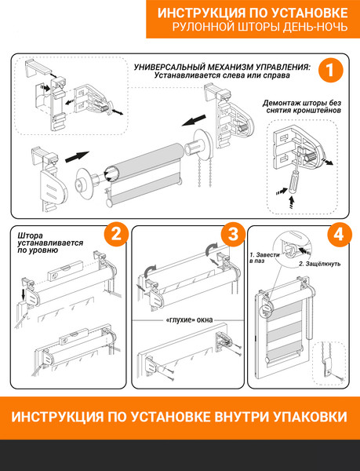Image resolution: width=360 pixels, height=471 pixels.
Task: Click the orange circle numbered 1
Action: click(330, 71)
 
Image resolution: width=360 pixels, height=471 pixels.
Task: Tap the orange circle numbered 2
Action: click(116, 234)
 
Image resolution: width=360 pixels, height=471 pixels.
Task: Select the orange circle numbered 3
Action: click(233, 234)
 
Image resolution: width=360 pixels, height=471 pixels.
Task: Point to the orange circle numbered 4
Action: click(339, 234)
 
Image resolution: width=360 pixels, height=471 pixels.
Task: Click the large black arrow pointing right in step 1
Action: click(77, 156)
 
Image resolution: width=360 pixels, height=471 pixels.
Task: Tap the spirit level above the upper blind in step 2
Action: click(65, 271)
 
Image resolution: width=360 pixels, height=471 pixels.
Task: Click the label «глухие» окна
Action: click(189, 320)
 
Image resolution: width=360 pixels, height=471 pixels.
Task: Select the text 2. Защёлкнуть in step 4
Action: click(319, 264)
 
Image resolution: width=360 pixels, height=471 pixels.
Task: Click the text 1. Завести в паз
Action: click(264, 258)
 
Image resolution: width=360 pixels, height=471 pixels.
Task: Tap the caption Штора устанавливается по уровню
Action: click(50, 243)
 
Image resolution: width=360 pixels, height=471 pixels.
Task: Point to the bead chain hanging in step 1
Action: click(202, 172)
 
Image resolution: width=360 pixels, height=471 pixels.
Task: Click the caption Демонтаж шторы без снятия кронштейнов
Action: click(302, 107)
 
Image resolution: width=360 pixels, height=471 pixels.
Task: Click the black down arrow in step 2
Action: click(23, 294)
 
